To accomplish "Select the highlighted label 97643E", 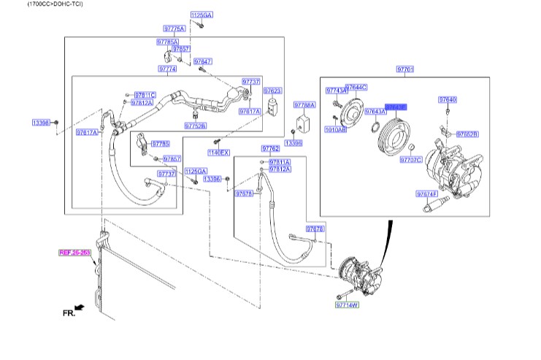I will click(x=396, y=107).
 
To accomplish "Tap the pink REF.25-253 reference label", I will click(x=75, y=253).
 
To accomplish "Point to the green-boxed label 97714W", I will click(x=348, y=305).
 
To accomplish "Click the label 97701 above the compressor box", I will click(x=405, y=69).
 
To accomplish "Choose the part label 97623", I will click(x=272, y=91).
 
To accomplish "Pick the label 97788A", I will click(x=304, y=105).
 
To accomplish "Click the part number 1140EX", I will click(x=218, y=152).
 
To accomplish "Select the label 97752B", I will click(x=195, y=126).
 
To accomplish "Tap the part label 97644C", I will click(x=356, y=87).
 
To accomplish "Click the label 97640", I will click(x=448, y=99).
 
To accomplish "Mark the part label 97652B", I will click(x=467, y=134).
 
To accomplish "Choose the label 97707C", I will click(x=411, y=158).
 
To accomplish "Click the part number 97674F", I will click(x=426, y=194).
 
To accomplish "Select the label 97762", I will click(x=271, y=148).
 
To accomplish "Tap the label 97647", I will click(x=203, y=61).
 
